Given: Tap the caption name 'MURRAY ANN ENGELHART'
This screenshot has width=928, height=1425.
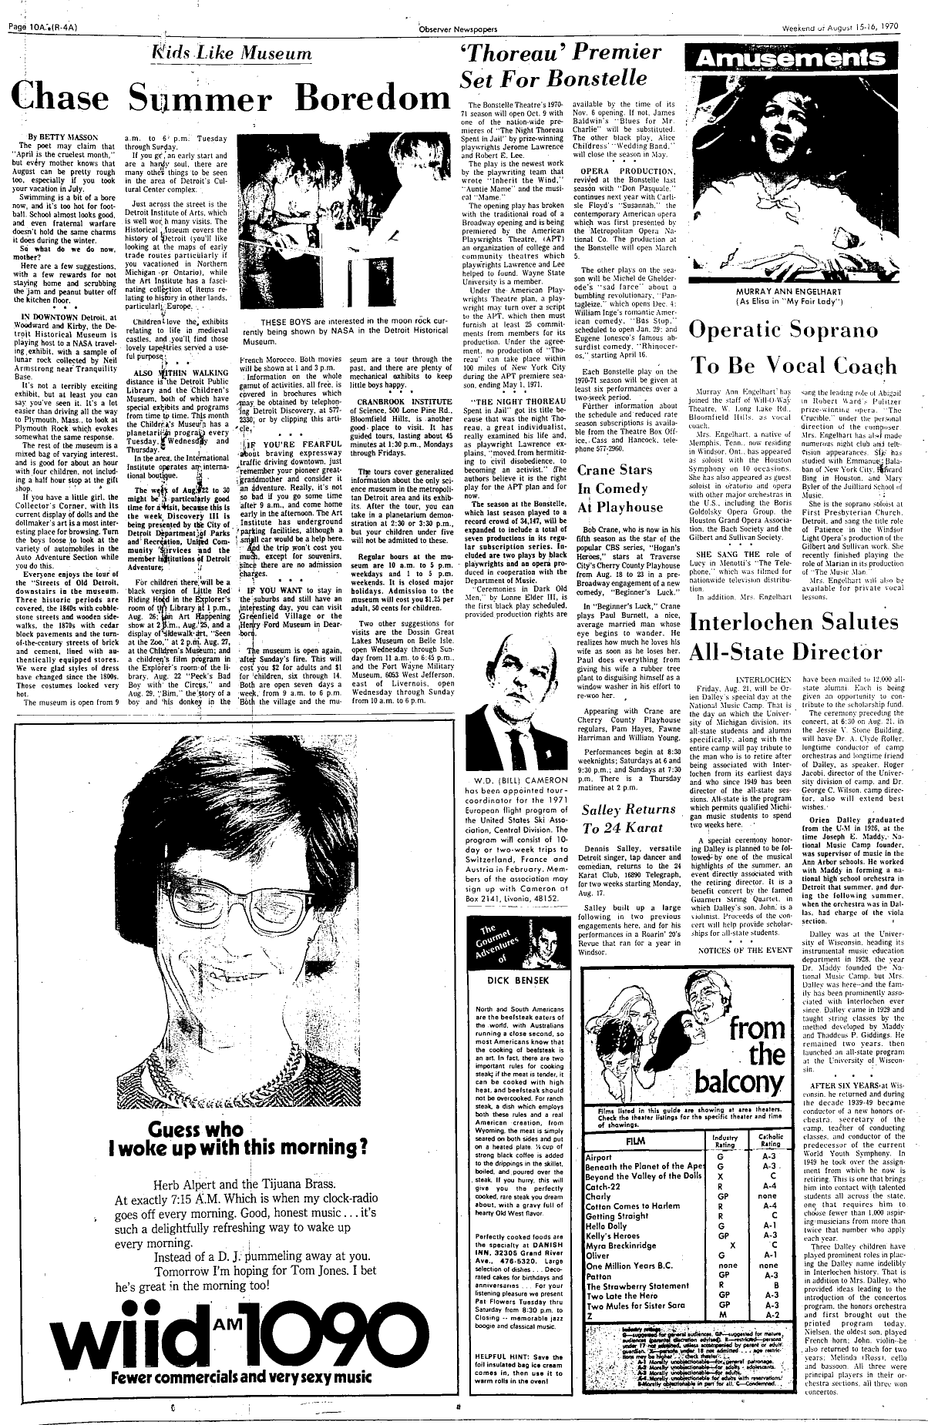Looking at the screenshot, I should (802, 293).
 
